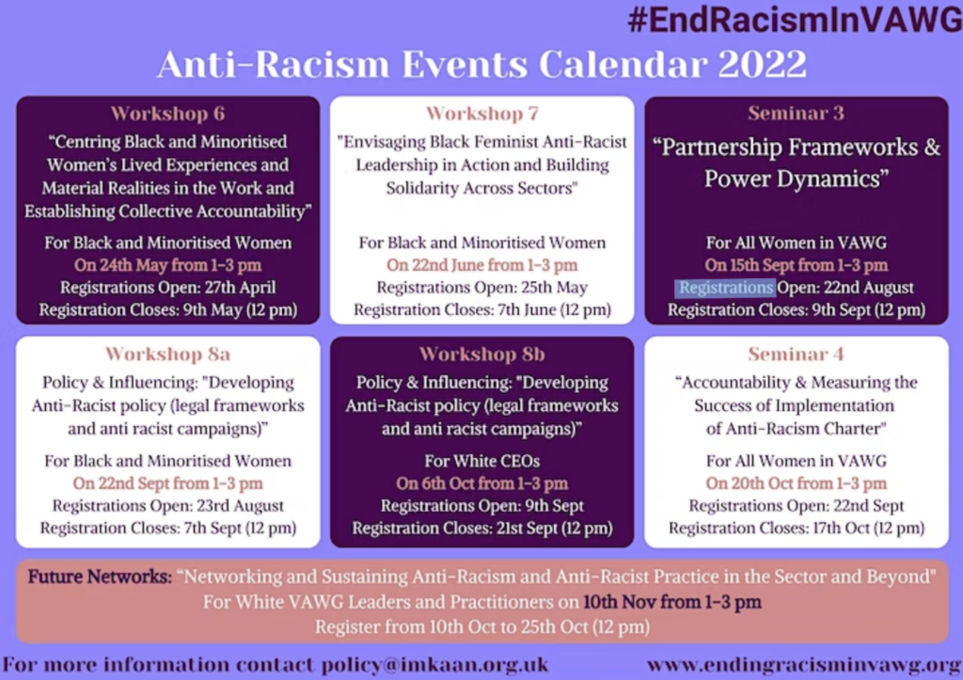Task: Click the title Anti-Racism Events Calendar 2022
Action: click(481, 65)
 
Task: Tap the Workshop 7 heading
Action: click(481, 114)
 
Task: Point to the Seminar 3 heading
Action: click(796, 114)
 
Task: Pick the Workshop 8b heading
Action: click(481, 355)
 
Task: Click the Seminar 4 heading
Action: click(796, 355)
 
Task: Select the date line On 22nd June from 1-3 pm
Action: click(481, 265)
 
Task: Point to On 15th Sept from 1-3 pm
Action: click(796, 265)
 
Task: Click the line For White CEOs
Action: click(481, 461)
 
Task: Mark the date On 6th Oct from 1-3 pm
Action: click(481, 483)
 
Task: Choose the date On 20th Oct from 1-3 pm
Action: click(796, 483)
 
